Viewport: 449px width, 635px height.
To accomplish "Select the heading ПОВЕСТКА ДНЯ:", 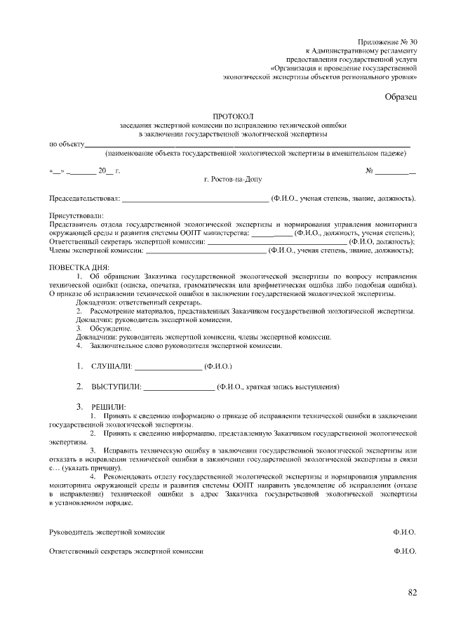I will (x=79, y=267).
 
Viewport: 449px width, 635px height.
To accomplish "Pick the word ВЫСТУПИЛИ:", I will (x=116, y=387).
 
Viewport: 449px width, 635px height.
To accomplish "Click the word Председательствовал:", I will (x=84, y=199).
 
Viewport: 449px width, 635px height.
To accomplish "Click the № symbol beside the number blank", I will (x=369, y=171).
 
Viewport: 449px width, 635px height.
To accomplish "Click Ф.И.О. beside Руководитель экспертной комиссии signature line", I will (x=405, y=533).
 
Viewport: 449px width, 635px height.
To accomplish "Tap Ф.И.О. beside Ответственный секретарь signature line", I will (x=405, y=552).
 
